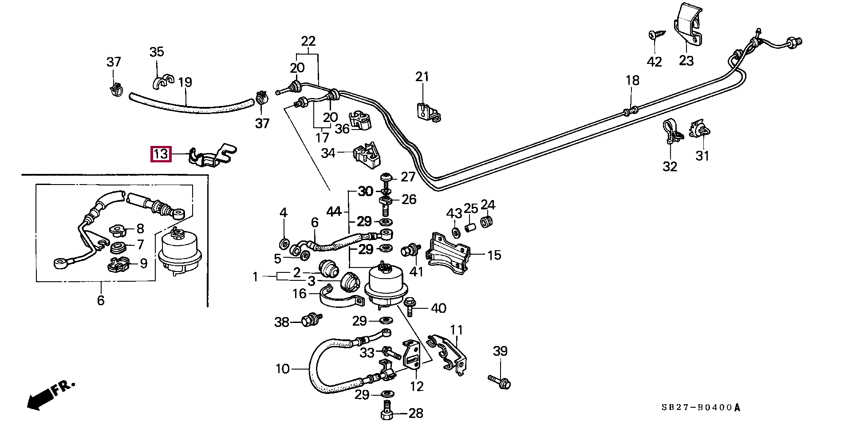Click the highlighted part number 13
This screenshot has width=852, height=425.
click(161, 154)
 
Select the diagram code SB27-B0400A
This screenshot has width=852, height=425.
click(701, 407)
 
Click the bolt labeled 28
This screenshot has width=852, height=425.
click(386, 411)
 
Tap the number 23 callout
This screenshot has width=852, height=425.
click(686, 61)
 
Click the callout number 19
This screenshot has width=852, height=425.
click(185, 82)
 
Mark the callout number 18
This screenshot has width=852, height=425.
click(632, 80)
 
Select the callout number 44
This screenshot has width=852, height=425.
click(334, 212)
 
